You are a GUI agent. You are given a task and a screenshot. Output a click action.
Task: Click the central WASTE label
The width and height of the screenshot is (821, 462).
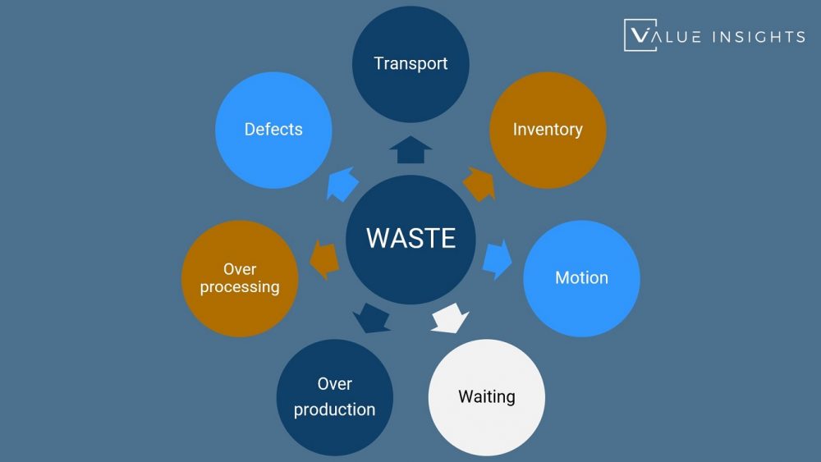click(x=410, y=238)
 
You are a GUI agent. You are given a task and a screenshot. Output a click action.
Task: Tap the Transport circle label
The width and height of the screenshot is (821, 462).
click(x=410, y=63)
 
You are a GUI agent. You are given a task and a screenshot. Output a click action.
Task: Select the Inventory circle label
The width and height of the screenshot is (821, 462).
click(x=548, y=130)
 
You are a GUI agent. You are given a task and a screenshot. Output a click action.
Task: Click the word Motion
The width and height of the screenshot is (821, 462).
click(x=581, y=277)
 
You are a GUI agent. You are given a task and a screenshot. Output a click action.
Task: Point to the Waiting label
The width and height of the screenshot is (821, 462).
click(x=487, y=397)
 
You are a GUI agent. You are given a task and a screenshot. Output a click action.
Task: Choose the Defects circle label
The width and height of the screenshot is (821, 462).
click(x=273, y=130)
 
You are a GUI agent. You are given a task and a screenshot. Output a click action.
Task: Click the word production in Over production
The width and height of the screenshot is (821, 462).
click(x=335, y=409)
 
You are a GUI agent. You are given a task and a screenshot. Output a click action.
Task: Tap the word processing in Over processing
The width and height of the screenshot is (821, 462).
click(x=240, y=287)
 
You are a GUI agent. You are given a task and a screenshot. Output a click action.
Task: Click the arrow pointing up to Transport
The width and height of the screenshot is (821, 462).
click(x=410, y=150)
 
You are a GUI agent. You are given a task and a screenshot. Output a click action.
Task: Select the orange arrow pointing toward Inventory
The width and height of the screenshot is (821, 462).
click(x=479, y=184)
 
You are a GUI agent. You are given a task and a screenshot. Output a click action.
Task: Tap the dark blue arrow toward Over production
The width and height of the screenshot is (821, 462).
click(x=371, y=317)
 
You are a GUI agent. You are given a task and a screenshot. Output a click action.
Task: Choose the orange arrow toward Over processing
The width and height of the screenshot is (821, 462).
click(x=324, y=258)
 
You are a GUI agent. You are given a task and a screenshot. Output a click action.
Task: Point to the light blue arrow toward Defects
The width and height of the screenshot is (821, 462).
click(x=342, y=184)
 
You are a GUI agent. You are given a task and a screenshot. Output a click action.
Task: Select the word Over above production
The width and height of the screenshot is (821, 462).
click(x=335, y=384)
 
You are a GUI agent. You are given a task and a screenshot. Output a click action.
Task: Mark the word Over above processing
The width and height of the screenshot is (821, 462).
click(x=240, y=269)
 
